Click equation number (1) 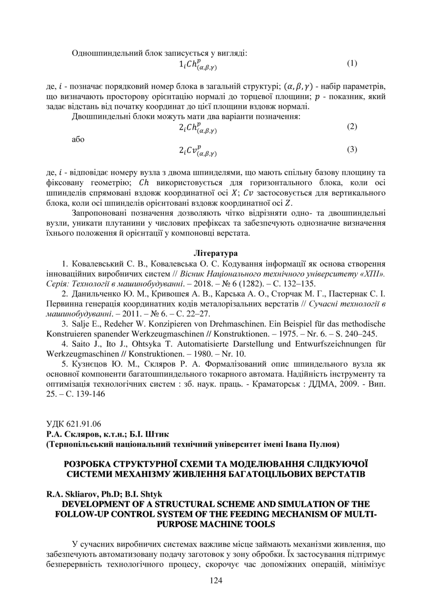(352, 63)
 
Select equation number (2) (352, 127)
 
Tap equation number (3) (352, 149)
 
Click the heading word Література (216, 254)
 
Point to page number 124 (216, 580)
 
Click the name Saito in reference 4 (81, 344)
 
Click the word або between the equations (78, 139)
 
